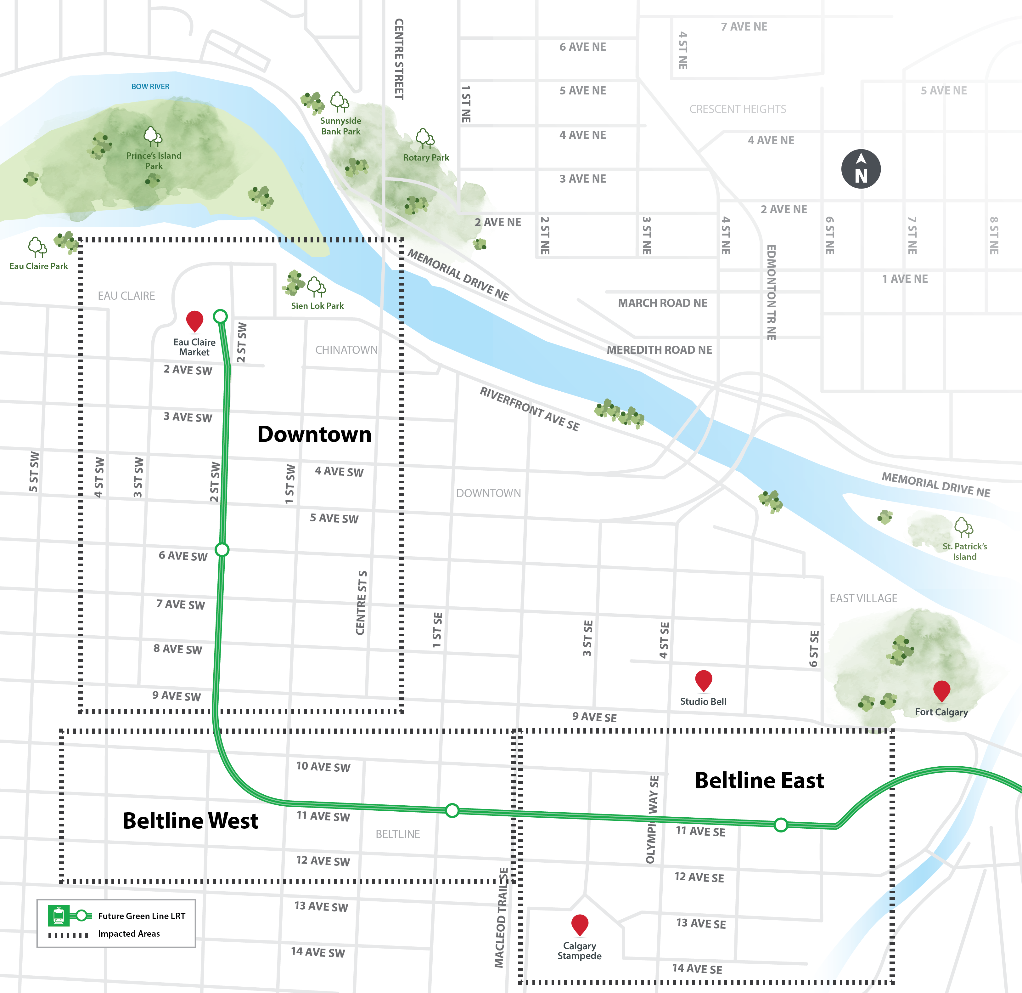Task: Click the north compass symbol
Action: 861,169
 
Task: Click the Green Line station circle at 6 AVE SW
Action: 222,549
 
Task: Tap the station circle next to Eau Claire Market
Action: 221,316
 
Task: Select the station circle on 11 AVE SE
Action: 781,825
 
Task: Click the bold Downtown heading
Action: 314,434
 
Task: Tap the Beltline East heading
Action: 759,780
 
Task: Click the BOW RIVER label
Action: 150,87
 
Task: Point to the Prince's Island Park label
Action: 154,161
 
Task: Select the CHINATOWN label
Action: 346,349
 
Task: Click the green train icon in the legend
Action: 59,915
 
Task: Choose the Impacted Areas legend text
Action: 129,933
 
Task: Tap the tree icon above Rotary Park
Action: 424,138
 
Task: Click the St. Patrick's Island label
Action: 965,551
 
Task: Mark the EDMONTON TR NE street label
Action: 771,292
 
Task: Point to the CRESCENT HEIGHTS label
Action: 737,109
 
